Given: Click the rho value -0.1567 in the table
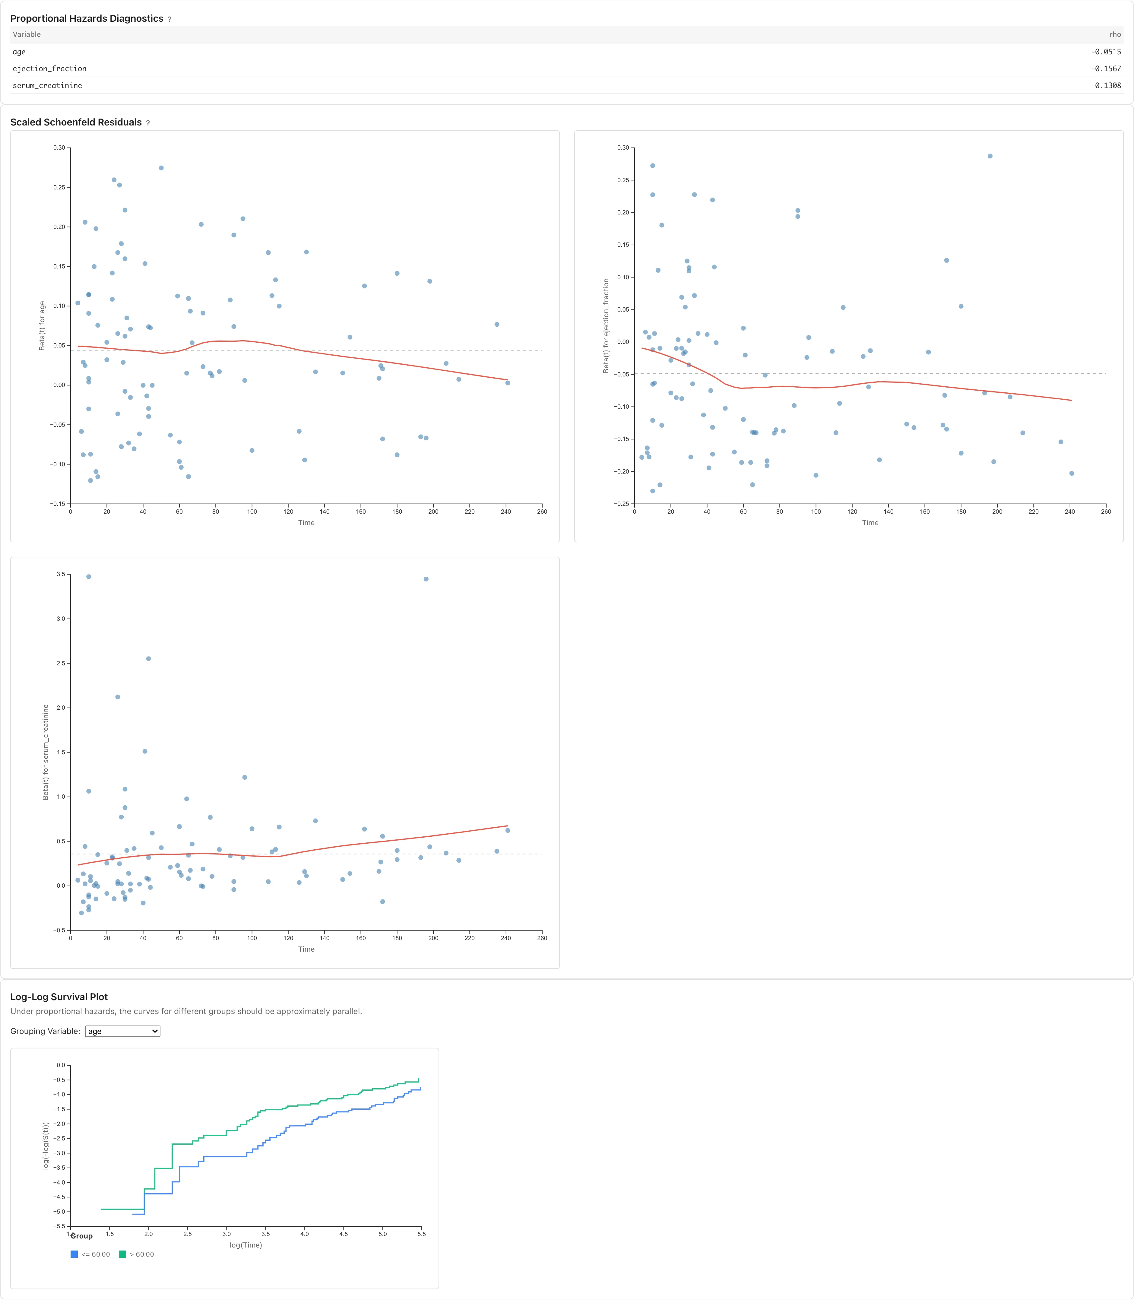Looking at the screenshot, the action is (1106, 68).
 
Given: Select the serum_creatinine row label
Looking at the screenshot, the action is (47, 85).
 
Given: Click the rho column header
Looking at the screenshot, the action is (1115, 34).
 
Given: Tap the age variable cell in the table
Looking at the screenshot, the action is (19, 52).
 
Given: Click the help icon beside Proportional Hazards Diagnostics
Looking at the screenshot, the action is (169, 19).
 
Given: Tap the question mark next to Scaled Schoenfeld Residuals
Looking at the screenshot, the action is (148, 123).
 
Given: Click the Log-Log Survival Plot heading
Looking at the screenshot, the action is (59, 997).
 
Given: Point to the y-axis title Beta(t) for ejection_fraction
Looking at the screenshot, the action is (606, 325).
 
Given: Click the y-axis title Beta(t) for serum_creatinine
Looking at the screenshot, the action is (46, 752).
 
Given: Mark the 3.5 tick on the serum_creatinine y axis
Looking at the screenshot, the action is (61, 574).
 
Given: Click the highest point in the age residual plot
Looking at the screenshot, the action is (161, 168).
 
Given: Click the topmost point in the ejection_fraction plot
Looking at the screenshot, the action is (990, 156).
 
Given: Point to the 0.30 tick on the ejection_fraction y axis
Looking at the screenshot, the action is (623, 147).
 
